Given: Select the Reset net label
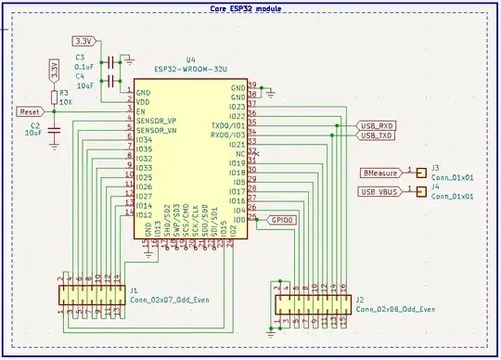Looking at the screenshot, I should pyautogui.click(x=28, y=110).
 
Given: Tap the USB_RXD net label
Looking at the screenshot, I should pyautogui.click(x=376, y=124).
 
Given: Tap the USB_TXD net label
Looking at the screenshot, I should pyautogui.click(x=376, y=135).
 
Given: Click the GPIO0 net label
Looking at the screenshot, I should pyautogui.click(x=282, y=221).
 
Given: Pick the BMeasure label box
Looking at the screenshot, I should pyautogui.click(x=381, y=172).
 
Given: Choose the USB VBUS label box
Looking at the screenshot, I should pyautogui.click(x=380, y=192).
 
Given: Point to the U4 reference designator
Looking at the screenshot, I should pyautogui.click(x=191, y=58).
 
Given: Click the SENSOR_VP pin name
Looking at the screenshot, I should pyautogui.click(x=157, y=122).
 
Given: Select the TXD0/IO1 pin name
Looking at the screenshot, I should pyautogui.click(x=229, y=124).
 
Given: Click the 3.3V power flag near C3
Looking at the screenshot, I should pyautogui.click(x=83, y=43).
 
